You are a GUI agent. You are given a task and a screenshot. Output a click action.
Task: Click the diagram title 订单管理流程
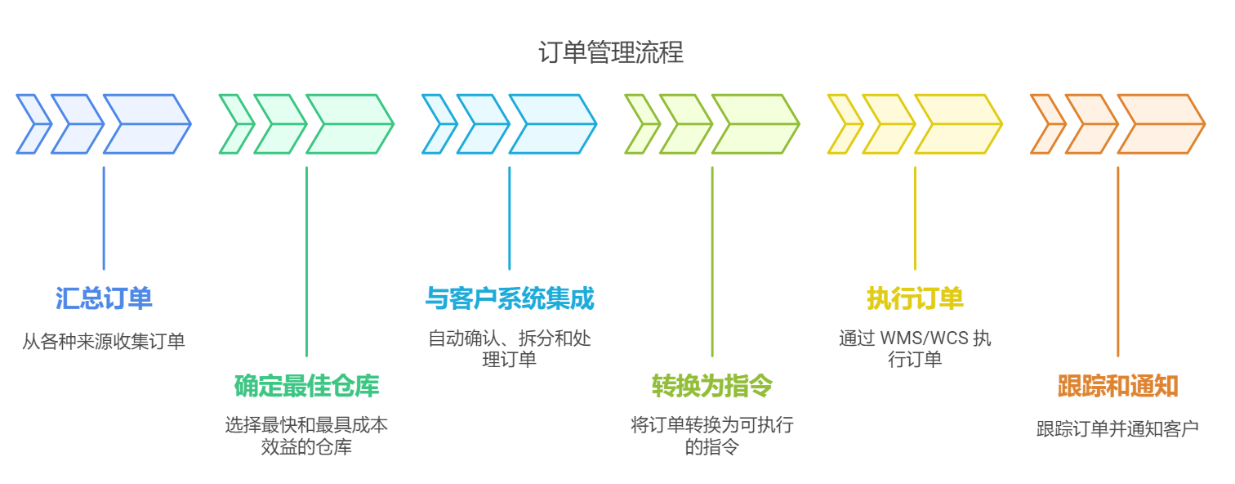(x=611, y=52)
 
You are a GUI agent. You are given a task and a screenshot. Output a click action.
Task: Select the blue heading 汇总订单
(x=104, y=298)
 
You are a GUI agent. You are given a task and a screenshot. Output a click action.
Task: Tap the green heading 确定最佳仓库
(x=306, y=385)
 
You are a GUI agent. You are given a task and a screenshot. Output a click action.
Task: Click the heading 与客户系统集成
(x=509, y=298)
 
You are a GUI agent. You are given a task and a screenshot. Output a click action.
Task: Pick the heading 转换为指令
(x=711, y=385)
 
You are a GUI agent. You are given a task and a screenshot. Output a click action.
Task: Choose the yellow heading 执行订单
(x=915, y=298)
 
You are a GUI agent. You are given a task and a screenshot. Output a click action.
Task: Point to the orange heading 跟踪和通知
(x=1117, y=385)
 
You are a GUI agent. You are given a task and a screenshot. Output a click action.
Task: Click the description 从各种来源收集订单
(x=104, y=341)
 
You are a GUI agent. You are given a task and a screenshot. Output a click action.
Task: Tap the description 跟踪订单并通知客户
(x=1117, y=428)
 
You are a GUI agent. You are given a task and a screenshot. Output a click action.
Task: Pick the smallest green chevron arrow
(x=235, y=124)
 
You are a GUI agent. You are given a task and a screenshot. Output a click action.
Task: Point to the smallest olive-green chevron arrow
(x=640, y=124)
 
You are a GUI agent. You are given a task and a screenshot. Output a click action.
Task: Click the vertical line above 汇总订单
(x=104, y=217)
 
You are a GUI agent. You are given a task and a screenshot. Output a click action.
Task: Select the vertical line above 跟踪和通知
(x=1117, y=262)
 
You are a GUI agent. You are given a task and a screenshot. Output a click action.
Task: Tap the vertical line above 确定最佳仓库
(x=306, y=262)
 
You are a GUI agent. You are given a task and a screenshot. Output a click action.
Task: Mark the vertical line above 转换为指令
(x=711, y=262)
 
